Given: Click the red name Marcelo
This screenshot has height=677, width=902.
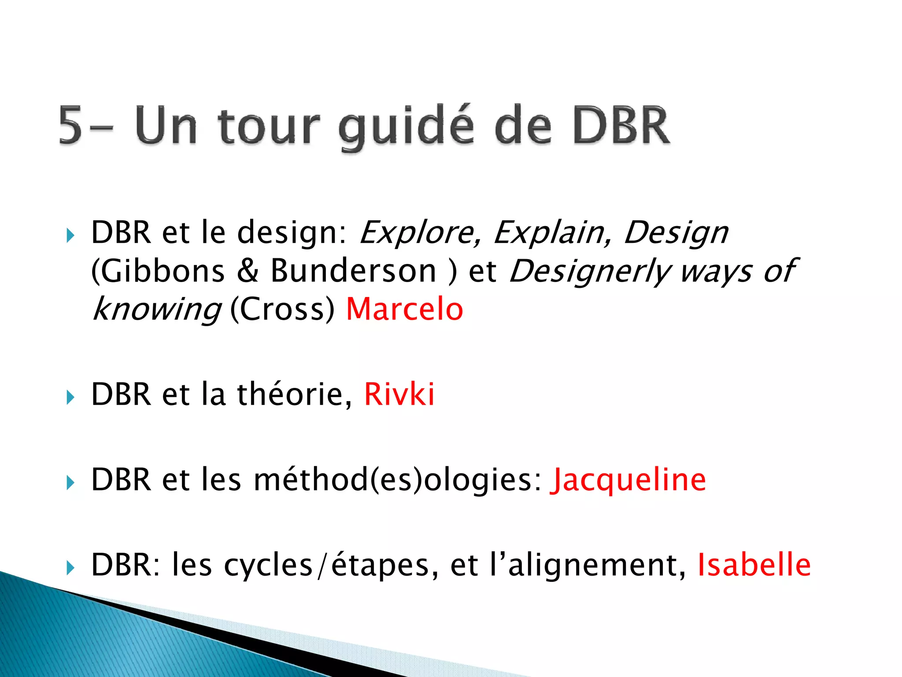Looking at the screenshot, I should click(404, 309).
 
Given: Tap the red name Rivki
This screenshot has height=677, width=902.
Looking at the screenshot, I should click(399, 394).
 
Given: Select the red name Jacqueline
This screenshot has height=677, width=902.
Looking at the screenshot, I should click(628, 480).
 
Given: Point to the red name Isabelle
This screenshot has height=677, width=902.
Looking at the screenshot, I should click(754, 565).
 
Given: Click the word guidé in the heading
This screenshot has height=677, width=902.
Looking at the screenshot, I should click(407, 126).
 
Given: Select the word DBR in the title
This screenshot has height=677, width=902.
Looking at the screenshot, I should click(621, 126).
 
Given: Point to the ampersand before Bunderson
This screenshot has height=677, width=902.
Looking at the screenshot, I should click(248, 271).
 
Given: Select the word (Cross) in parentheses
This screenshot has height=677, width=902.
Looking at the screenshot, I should click(282, 309).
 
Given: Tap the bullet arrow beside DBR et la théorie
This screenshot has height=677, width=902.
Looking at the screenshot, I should click(70, 398).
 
